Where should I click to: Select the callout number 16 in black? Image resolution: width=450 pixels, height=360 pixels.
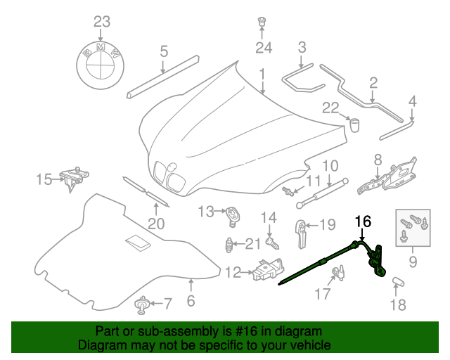point(362,221)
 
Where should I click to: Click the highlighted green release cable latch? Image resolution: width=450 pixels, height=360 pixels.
point(375,260)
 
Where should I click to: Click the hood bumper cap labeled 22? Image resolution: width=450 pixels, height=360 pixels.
point(355,125)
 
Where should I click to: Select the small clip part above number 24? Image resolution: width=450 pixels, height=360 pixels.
point(262,21)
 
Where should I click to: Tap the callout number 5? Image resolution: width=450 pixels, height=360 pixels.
point(163,51)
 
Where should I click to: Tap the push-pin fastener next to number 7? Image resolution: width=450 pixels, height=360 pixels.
point(143,304)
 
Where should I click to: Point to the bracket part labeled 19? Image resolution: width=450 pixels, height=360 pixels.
point(300,232)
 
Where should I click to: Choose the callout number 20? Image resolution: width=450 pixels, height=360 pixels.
point(155,224)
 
